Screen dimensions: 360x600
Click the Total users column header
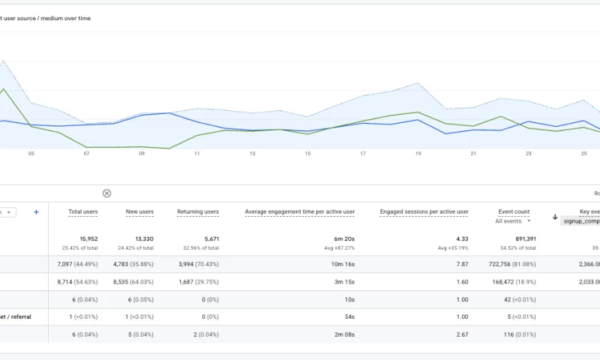point(82,212)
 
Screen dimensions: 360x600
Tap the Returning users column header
point(198,212)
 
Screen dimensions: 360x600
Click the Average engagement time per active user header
point(300,212)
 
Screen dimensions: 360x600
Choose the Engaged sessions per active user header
point(424,212)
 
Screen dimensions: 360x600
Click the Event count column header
point(514,212)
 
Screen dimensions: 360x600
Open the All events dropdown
point(514,221)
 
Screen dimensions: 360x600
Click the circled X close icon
point(106,193)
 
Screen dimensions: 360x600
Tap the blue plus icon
point(36,212)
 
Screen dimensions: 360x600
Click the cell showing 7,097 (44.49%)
point(77,264)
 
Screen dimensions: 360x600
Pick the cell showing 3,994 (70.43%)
point(193,264)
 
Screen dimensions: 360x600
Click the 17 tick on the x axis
point(363,154)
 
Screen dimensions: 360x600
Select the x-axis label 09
point(142,154)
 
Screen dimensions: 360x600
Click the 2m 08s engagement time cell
point(342,334)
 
